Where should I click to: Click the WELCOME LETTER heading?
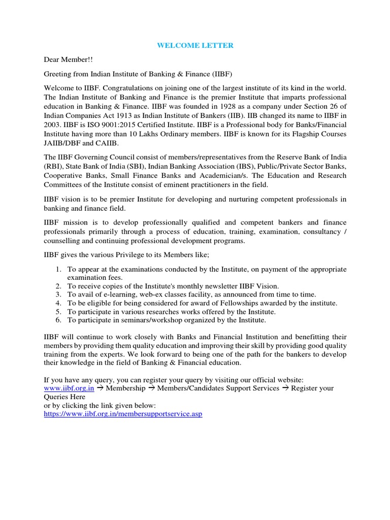click(195, 46)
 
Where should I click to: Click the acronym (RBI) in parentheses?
click(52, 166)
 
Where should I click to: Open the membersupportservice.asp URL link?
click(123, 414)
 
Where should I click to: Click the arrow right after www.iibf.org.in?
click(100, 388)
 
